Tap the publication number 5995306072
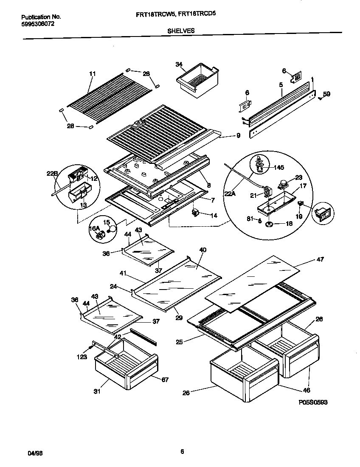tap(38, 24)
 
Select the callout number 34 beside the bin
tap(179, 64)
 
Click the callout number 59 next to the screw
tap(326, 94)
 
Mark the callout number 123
tap(82, 357)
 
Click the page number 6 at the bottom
tap(182, 451)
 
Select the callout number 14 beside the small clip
tap(214, 216)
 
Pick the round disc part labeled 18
tap(269, 224)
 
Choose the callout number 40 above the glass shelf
tap(202, 250)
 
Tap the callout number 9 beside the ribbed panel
tap(238, 136)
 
